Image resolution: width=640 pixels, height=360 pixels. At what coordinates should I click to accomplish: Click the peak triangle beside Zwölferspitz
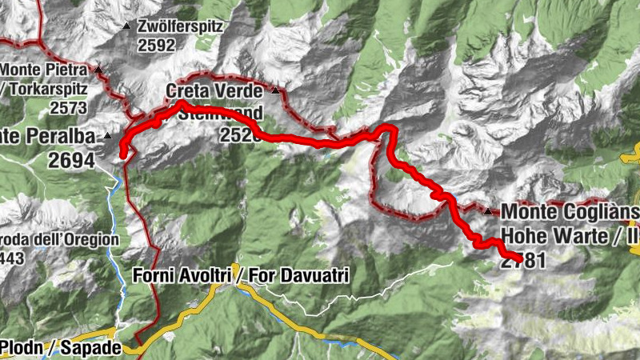coord(126,26)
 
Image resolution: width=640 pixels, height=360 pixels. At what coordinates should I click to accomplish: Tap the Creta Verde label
coord(214,91)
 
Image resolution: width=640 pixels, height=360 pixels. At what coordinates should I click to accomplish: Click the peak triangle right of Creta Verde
coord(276,91)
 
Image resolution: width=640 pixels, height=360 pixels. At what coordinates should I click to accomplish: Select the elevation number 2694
coord(71,160)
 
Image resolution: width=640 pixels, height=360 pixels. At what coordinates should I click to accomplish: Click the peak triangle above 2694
coord(108,137)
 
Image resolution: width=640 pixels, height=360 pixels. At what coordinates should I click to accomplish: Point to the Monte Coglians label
coord(569,212)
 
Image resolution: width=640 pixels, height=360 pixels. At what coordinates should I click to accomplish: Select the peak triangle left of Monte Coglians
coord(488,212)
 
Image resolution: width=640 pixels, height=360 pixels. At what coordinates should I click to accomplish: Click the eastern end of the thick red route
coord(521,259)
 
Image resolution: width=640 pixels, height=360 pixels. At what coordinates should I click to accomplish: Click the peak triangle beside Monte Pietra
coord(98,70)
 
